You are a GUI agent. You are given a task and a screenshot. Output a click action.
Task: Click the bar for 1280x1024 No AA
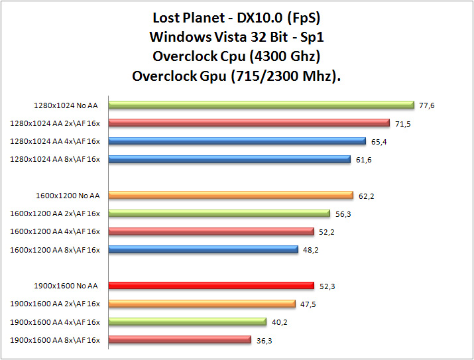click(x=261, y=105)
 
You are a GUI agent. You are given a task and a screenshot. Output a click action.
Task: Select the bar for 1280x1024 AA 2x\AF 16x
click(x=249, y=123)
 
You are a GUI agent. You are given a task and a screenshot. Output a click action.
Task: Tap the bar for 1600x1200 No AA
click(x=231, y=195)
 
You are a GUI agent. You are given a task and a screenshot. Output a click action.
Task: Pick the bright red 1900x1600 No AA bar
click(x=211, y=286)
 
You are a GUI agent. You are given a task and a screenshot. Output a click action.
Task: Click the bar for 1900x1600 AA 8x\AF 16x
click(x=180, y=340)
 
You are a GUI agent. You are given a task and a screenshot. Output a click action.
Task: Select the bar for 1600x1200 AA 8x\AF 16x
click(x=203, y=249)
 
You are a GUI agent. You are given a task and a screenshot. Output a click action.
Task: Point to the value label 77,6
click(x=426, y=105)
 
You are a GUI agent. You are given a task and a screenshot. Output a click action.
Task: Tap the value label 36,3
click(x=263, y=340)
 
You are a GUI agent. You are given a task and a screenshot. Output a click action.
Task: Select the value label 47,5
click(x=307, y=304)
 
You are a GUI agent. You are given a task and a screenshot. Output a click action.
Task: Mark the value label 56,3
click(x=342, y=213)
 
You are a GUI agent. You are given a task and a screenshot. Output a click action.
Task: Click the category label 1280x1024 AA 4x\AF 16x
click(x=55, y=141)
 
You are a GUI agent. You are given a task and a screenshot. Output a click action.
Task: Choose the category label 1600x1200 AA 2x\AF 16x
click(x=55, y=213)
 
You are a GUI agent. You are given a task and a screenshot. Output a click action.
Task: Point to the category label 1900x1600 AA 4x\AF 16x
click(x=55, y=322)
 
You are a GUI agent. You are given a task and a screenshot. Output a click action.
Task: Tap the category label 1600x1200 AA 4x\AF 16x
click(x=55, y=231)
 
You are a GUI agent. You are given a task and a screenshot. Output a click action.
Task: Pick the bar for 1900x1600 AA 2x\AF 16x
click(x=202, y=304)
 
